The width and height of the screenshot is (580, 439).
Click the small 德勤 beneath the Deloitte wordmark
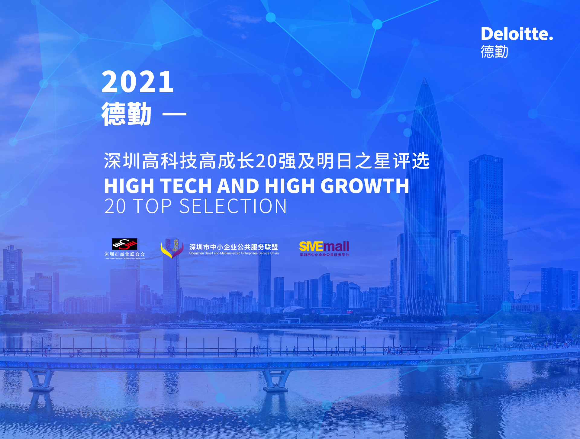pos(494,51)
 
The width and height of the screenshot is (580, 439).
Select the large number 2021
pos(138,82)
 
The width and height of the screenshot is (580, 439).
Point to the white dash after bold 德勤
pos(174,114)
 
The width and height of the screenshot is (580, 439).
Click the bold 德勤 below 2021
pos(126,114)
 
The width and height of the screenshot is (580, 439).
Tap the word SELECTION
pos(233,206)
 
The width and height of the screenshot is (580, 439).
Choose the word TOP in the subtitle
pos(152,206)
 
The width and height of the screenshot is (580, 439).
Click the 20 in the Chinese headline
pos(266,161)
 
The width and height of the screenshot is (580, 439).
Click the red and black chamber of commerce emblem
pos(124,244)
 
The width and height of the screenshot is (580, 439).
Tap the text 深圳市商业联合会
pos(124,254)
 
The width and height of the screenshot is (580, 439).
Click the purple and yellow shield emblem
pos(172,248)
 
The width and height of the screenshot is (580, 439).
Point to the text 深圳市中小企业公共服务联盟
pos(234,247)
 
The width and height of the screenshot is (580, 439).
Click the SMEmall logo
pos(324,249)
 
